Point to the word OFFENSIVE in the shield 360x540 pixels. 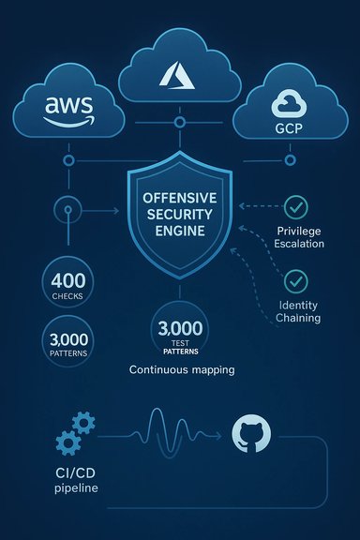178,199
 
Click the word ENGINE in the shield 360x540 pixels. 178,232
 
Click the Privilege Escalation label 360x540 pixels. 301,237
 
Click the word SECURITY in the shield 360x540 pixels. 178,216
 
